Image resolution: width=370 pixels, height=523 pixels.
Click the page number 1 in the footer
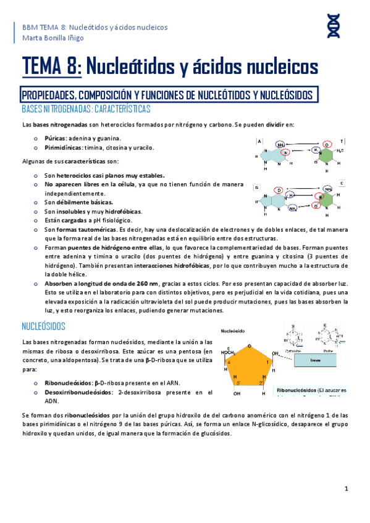coord(347,488)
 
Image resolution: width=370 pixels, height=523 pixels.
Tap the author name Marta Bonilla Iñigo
coord(53,38)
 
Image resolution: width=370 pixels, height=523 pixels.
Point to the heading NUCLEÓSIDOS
coord(48,325)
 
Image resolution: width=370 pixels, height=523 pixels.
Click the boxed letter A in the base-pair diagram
coord(259,141)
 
